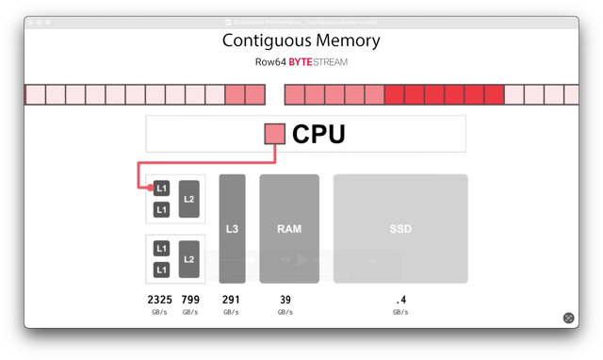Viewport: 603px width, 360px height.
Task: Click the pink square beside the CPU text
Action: (x=274, y=135)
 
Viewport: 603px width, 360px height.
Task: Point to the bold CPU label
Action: (x=318, y=135)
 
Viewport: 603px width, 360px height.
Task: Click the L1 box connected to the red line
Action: (x=161, y=188)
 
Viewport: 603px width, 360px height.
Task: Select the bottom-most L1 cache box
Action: (x=161, y=270)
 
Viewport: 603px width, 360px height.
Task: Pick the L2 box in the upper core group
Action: (x=188, y=199)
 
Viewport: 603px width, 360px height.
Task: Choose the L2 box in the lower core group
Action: (x=188, y=259)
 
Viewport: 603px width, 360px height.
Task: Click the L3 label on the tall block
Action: (x=232, y=229)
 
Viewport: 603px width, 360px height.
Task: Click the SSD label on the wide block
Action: (x=400, y=229)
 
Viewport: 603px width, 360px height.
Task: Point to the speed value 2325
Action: (x=161, y=300)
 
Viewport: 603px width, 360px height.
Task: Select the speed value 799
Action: (x=190, y=300)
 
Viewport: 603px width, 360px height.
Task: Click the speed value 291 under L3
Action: (x=232, y=300)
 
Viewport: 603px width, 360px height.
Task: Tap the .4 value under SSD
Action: (x=400, y=300)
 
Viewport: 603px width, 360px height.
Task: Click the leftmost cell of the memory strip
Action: (x=34, y=94)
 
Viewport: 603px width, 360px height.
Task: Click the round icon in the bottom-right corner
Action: (x=568, y=319)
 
